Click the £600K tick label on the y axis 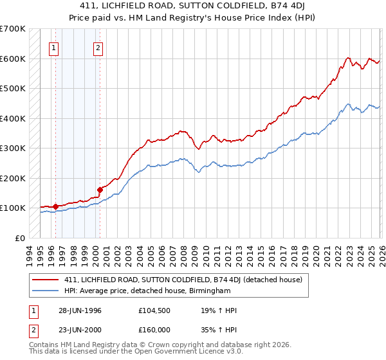tap(12, 59)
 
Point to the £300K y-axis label tap(12, 148)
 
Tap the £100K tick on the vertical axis tap(12, 208)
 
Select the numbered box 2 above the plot tap(98, 47)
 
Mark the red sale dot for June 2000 tap(100, 190)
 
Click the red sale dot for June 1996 tap(56, 206)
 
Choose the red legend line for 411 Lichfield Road tap(46, 280)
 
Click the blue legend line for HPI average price tap(46, 291)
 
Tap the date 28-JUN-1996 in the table tap(77, 311)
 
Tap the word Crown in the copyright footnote tap(146, 345)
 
